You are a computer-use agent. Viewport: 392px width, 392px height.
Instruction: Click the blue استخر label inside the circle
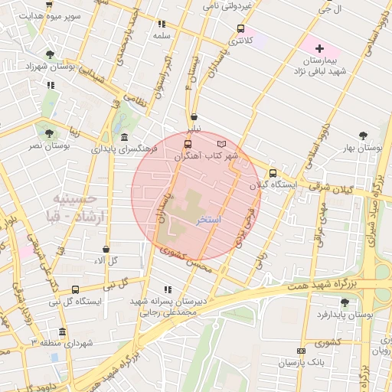pyautogui.click(x=209, y=220)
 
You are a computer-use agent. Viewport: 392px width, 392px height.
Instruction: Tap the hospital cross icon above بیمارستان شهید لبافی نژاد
pyautogui.click(x=320, y=47)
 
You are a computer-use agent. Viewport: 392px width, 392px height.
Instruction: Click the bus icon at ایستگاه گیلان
pyautogui.click(x=273, y=172)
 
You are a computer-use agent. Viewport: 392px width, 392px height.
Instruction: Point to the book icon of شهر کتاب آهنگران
pyautogui.click(x=222, y=143)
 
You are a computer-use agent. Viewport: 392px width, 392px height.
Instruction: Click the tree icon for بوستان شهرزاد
pyautogui.click(x=50, y=54)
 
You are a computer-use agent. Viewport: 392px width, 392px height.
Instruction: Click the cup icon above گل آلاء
pyautogui.click(x=106, y=249)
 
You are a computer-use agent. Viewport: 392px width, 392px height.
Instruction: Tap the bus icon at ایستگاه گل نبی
pyautogui.click(x=75, y=289)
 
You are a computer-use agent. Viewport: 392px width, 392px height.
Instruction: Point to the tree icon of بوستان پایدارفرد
pyautogui.click(x=345, y=302)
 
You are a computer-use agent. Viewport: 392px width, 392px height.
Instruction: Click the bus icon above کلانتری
pyautogui.click(x=240, y=30)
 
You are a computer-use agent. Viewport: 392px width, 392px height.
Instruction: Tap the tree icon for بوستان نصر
pyautogui.click(x=50, y=132)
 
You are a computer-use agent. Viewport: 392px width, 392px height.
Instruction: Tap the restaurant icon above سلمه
pyautogui.click(x=161, y=24)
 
